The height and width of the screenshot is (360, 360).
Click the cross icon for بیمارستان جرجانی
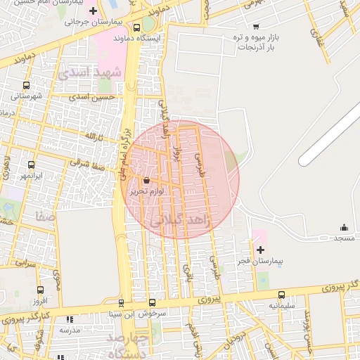(93, 11)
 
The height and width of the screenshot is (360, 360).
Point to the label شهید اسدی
(90, 72)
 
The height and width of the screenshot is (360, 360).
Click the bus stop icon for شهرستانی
(26, 86)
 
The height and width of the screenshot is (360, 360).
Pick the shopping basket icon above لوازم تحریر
(146, 181)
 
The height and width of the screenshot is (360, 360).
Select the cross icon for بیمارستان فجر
(260, 250)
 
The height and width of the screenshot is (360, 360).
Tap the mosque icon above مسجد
(344, 227)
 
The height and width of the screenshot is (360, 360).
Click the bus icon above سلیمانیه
(282, 295)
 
